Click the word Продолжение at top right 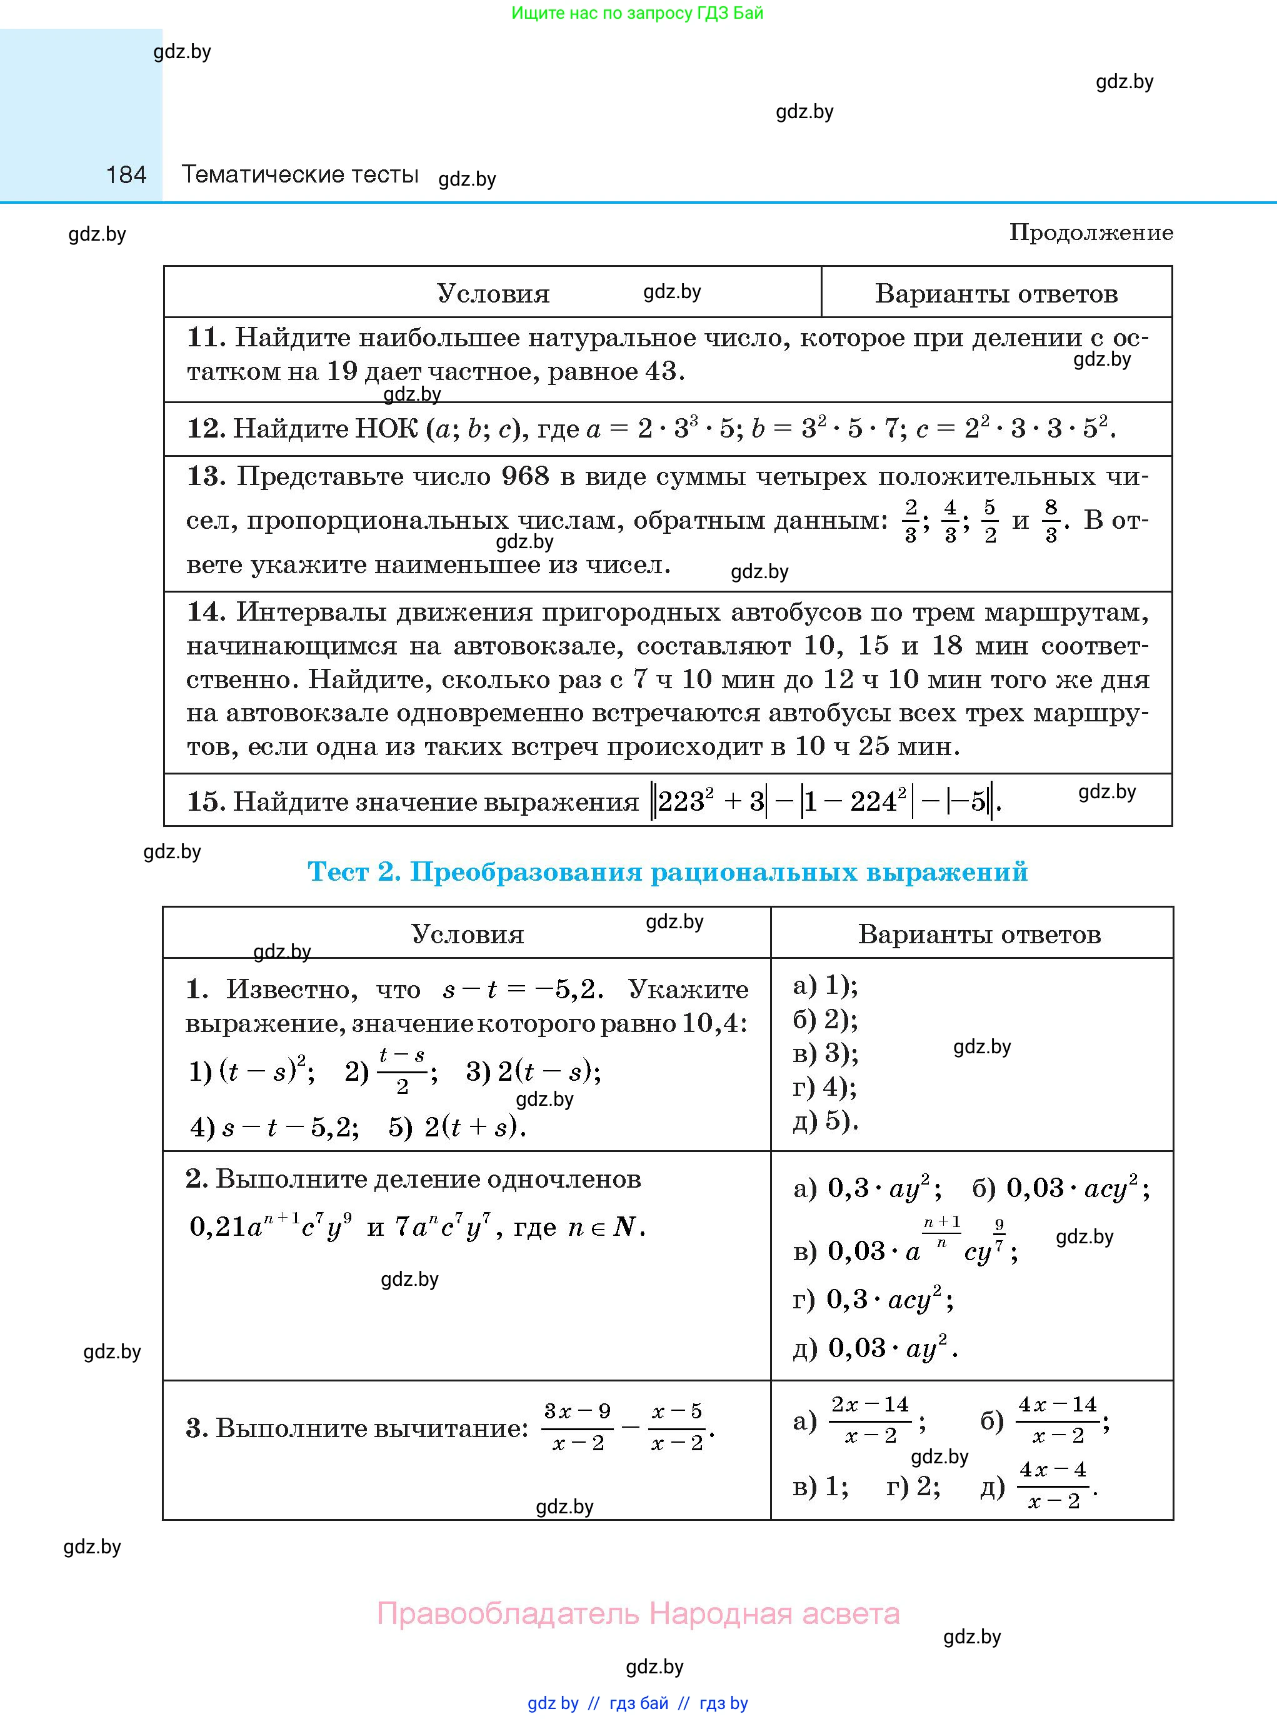click(1091, 233)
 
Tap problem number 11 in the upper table click(206, 338)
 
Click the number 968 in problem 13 click(525, 476)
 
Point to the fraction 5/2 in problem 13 click(989, 521)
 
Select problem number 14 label click(206, 612)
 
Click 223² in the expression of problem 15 click(686, 801)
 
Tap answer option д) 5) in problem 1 click(826, 1121)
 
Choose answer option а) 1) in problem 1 click(826, 986)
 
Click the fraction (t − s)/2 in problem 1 click(402, 1071)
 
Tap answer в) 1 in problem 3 click(820, 1486)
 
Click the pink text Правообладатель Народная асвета click(638, 1613)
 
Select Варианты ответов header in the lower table click(979, 935)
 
